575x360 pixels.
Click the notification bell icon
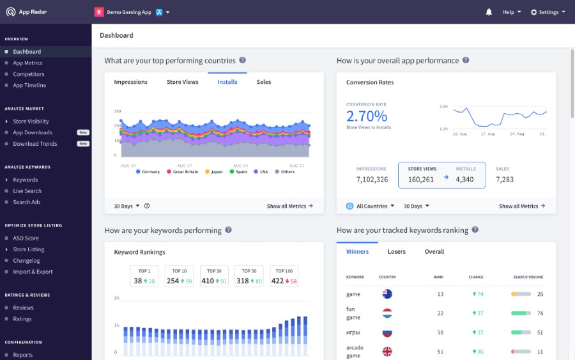coord(489,12)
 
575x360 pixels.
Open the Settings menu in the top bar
coord(548,12)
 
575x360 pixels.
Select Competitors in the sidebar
coord(29,74)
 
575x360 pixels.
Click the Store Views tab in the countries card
coord(183,82)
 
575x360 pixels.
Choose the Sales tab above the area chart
coord(264,82)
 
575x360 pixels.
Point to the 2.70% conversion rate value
coord(367,116)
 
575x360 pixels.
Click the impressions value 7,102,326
coord(372,180)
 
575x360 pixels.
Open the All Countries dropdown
coord(370,206)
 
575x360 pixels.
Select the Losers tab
coord(397,252)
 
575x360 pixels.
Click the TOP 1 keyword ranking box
coord(144,276)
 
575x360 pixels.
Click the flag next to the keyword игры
coord(387,333)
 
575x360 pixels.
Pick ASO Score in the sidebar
coord(26,238)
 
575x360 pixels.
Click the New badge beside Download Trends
coord(83,144)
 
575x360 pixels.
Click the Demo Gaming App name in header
coord(129,12)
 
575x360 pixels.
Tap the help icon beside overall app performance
coord(466,60)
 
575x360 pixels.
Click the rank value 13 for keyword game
coord(441,294)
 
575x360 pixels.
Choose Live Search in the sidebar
coord(27,191)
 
